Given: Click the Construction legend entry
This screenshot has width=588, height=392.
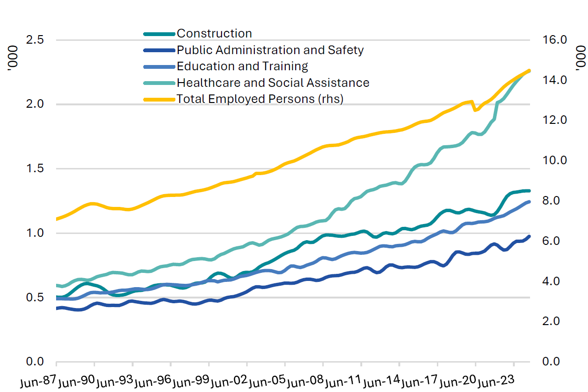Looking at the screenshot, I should coord(214,34).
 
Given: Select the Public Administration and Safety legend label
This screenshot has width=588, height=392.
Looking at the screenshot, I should coord(270,50).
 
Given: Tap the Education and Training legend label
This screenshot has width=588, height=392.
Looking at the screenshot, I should coord(242,66).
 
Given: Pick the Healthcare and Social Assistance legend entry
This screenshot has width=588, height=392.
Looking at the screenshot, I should coord(273,83).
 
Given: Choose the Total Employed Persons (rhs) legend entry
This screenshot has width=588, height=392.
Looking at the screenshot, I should coord(260,99).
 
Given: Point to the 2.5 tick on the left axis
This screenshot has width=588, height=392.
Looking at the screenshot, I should coord(36,40).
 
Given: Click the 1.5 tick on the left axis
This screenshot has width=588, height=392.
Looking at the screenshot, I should coord(36,169).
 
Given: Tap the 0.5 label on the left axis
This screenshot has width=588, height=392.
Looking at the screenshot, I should coord(36,298).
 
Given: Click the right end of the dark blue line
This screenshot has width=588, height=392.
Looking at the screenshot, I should coord(529,236).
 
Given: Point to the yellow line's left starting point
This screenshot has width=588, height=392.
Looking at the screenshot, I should coord(57,219).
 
